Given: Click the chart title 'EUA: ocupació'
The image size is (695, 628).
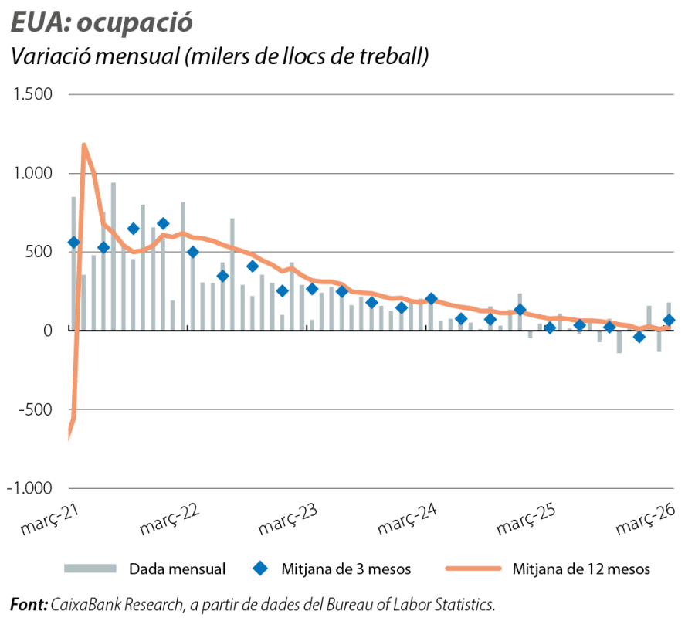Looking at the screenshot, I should click(100, 22).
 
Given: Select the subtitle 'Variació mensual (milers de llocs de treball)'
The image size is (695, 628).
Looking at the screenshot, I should click(219, 58).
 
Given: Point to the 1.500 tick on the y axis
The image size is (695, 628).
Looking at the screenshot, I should click(32, 95).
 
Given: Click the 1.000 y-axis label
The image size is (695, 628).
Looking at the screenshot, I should click(32, 174).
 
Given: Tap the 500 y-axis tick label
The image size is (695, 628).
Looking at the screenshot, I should click(39, 253).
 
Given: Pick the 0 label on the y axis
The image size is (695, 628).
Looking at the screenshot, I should click(48, 331).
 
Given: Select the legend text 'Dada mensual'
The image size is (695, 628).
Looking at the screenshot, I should click(177, 569).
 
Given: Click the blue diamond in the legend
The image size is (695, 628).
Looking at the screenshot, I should click(261, 569).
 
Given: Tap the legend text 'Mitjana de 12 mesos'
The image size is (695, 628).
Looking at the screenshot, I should click(581, 569).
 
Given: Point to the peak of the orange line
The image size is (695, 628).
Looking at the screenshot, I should click(83, 144).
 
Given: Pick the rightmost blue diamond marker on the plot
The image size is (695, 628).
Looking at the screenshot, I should click(669, 320).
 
